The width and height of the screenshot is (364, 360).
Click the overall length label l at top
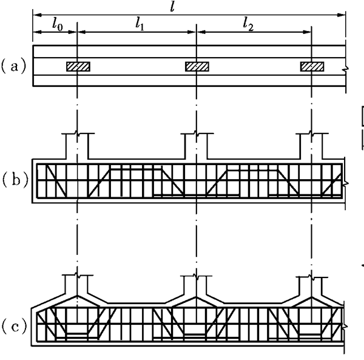coord(172,7)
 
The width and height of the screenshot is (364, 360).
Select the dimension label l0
coord(58,25)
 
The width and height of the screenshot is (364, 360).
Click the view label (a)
coord(14,67)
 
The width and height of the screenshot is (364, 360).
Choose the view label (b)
coord(15,180)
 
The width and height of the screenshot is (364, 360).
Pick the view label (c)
coord(14,327)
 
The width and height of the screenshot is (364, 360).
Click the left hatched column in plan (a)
coord(78,67)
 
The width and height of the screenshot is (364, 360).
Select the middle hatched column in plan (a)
coord(197,67)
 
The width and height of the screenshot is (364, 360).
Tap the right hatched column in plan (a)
coord(312,67)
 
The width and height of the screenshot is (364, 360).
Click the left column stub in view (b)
coord(78,146)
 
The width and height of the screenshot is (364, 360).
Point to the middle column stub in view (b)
coord(197,146)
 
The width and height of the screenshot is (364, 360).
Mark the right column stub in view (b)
coord(312,146)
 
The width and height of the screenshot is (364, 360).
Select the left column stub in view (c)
coord(76,284)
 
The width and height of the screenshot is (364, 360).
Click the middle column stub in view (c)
coord(196,285)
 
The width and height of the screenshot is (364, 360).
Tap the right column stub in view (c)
coord(312,286)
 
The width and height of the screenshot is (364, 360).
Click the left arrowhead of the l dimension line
coord(38,15)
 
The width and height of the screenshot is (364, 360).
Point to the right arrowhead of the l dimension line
coord(341,15)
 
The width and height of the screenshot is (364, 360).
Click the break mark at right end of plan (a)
coord(346,69)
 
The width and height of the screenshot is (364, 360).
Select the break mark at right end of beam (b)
coord(346,183)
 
